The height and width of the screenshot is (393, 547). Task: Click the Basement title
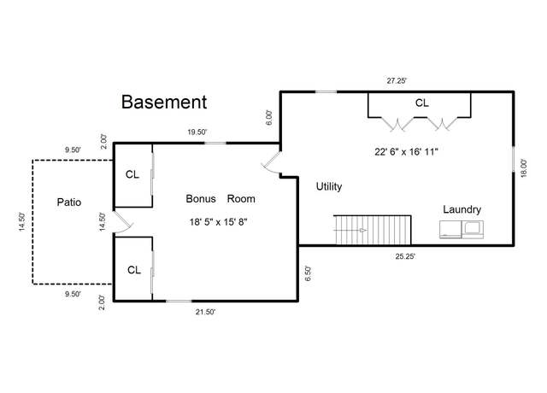coord(164,103)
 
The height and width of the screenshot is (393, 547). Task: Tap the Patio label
coord(69,202)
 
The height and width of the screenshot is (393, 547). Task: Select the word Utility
coord(329,186)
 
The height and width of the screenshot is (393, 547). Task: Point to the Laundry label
coord(462,209)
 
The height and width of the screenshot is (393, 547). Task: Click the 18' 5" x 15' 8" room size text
coord(219,222)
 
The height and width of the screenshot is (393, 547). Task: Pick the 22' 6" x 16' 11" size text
coord(406,152)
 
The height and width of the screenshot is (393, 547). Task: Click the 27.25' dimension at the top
coord(397,81)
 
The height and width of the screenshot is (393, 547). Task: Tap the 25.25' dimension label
coord(405,256)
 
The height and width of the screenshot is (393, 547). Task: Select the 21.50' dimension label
coord(205,312)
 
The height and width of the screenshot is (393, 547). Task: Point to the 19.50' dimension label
coord(197,132)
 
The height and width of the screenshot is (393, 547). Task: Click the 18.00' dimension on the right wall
coord(524,168)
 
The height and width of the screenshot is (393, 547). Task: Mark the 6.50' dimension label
coord(308,273)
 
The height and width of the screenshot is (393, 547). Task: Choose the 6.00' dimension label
coord(269,118)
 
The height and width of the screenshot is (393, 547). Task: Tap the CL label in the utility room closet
coord(421,103)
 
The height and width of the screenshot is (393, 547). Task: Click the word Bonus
coord(201,199)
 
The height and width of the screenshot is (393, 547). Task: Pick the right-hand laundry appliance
coord(473,230)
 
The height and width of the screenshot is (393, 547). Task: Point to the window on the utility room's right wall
coord(513,159)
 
